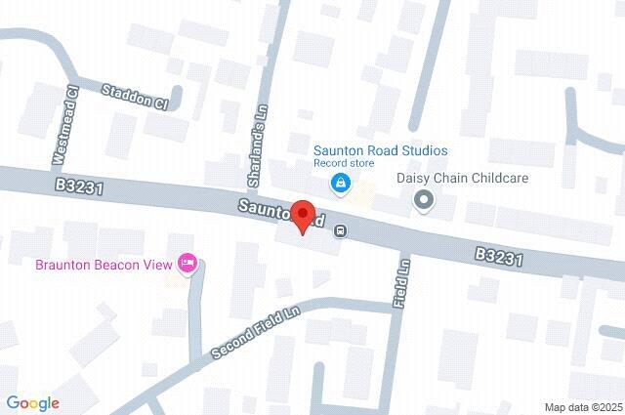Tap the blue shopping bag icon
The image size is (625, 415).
(339, 182)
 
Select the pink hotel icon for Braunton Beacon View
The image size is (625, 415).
(187, 263)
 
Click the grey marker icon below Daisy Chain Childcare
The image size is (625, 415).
(423, 200)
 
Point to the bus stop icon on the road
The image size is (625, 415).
(340, 231)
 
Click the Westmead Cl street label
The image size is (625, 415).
(64, 124)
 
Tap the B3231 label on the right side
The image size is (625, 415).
(500, 257)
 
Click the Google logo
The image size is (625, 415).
(32, 402)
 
